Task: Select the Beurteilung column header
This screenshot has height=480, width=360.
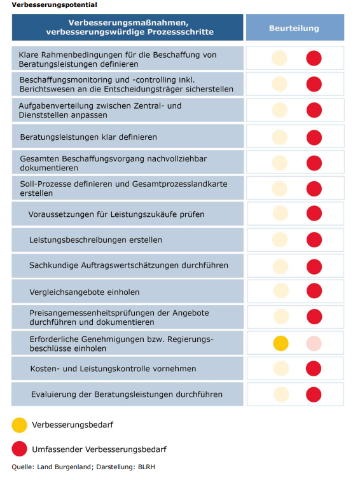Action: [294, 29]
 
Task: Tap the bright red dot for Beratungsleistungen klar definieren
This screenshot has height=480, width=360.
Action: [314, 137]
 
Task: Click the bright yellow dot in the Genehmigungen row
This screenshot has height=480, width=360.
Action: [280, 343]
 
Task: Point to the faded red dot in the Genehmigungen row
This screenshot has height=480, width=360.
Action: [314, 343]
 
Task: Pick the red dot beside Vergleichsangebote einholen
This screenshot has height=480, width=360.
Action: [314, 291]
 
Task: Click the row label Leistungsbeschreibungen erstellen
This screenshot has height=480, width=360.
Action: [95, 240]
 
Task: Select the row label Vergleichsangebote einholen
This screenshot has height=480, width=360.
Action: [84, 292]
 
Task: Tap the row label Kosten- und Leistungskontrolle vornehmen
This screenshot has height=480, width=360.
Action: [113, 369]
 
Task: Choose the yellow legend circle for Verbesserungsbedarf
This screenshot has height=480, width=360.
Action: [20, 424]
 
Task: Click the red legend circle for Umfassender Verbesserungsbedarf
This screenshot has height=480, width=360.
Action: [20, 449]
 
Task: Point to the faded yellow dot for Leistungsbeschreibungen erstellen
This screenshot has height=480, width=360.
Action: [280, 240]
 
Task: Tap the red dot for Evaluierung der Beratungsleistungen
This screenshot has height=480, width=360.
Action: [314, 394]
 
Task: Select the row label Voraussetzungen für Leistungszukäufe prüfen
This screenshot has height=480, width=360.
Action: [116, 214]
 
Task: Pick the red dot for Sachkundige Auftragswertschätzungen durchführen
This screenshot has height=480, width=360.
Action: [314, 265]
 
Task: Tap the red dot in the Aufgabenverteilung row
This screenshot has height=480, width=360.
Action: [314, 110]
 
